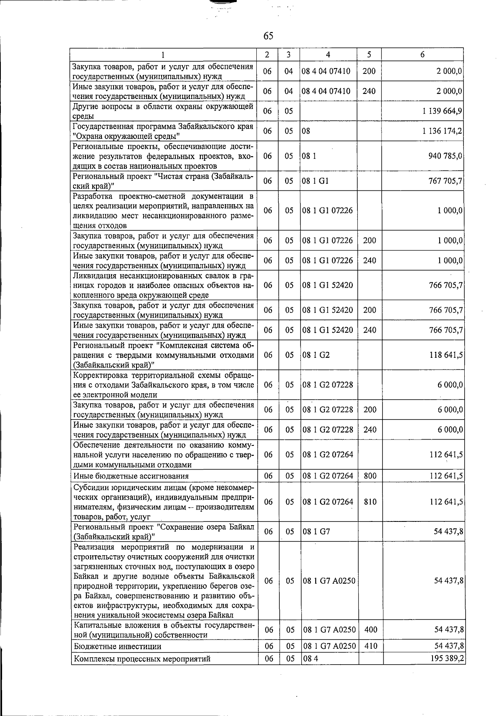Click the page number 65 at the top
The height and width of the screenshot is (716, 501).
(268, 36)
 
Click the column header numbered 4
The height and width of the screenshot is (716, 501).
(328, 55)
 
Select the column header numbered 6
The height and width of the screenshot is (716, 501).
(423, 55)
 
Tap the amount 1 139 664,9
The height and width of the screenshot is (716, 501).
(442, 111)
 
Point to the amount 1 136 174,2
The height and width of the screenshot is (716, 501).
(442, 131)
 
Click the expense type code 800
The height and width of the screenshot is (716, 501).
(370, 476)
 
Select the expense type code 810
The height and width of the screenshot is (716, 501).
(370, 502)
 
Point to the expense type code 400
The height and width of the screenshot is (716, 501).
(370, 630)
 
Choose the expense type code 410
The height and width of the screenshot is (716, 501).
(370, 646)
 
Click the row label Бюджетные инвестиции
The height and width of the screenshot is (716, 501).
(117, 647)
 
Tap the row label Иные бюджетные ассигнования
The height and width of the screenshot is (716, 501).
(131, 476)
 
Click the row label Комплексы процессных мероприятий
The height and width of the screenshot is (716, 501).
(142, 659)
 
